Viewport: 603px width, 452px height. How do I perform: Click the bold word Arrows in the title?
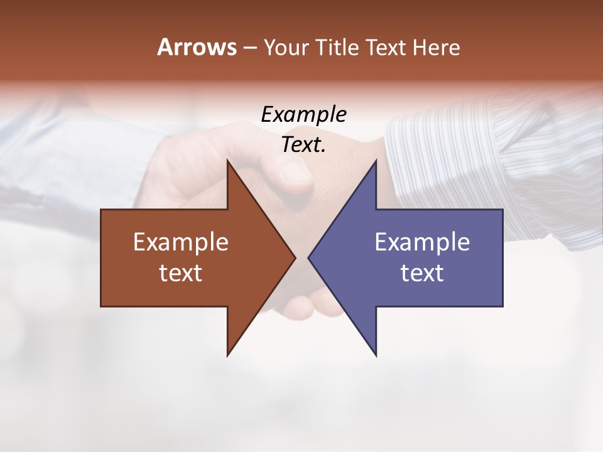(x=197, y=47)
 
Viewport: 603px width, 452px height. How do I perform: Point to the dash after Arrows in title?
(x=249, y=48)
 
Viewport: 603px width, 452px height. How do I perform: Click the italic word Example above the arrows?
(x=304, y=115)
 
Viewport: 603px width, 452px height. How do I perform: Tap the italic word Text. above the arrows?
(x=304, y=145)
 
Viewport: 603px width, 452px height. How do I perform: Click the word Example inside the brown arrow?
(x=181, y=242)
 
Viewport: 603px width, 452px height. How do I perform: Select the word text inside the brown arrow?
(x=181, y=273)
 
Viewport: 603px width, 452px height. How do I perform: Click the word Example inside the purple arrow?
(x=422, y=242)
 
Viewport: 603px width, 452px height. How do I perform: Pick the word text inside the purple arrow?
(x=422, y=273)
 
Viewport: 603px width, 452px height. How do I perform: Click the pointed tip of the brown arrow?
(x=295, y=257)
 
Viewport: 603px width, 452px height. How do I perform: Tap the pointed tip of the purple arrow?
(x=309, y=257)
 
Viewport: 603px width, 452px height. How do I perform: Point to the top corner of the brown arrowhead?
(x=228, y=161)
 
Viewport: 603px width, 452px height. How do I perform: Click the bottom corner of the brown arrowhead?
(x=228, y=355)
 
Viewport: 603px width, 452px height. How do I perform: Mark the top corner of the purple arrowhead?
(x=376, y=161)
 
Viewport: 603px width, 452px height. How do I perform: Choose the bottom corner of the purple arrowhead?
(x=376, y=355)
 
